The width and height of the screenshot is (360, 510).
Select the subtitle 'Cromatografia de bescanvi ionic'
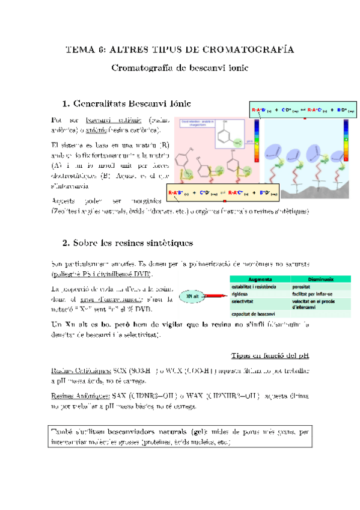pos(180,68)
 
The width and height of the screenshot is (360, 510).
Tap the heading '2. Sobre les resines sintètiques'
pos(127,244)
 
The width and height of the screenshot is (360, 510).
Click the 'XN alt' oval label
pos(193,296)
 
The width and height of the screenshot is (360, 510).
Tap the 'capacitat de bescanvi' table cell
pos(253,313)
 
